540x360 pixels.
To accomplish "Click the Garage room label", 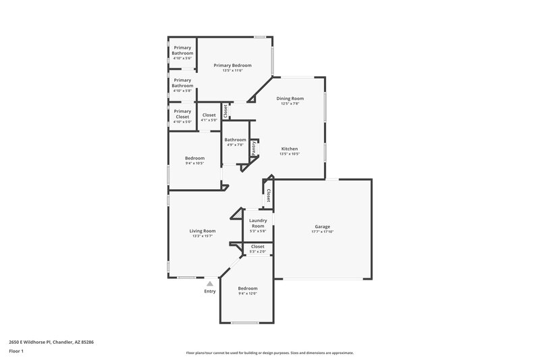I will [x=322, y=226].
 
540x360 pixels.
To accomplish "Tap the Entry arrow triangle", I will [x=210, y=284].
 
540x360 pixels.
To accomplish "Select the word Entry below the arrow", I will [x=210, y=291].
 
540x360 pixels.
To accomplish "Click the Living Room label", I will [x=202, y=231].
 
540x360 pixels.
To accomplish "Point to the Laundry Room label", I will [x=257, y=223].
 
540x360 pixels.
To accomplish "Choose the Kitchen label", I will [x=290, y=149].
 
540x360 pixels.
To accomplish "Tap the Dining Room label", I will [x=290, y=99].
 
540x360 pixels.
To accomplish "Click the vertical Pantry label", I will [x=254, y=148].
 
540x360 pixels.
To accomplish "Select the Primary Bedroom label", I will [x=232, y=66].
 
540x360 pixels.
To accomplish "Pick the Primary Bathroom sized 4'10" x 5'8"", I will [x=182, y=82].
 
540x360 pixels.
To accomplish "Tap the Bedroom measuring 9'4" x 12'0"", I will [x=248, y=288].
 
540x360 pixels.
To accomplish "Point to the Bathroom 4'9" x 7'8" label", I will [x=236, y=140].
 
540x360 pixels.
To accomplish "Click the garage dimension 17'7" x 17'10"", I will [x=322, y=232].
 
